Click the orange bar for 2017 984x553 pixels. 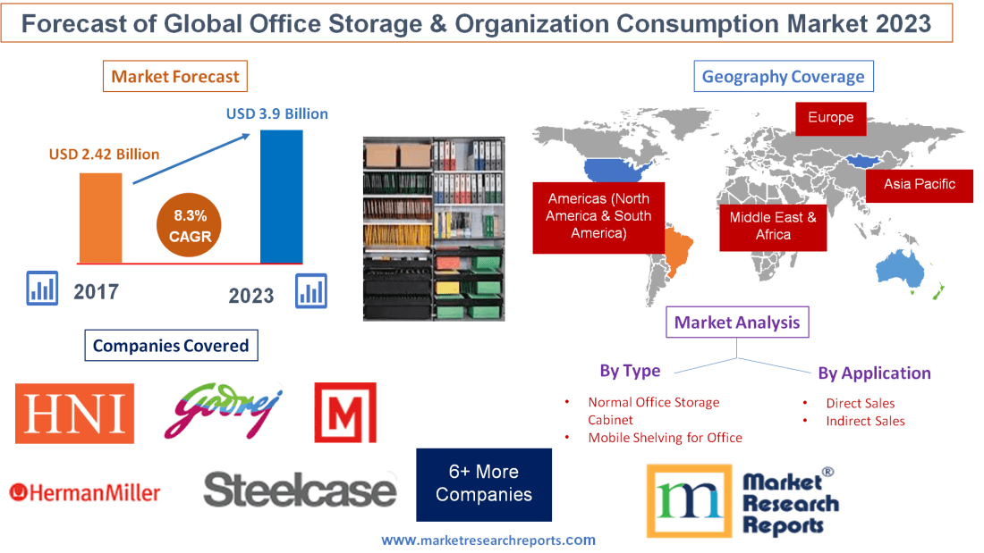tap(100, 218)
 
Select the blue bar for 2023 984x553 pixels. tap(281, 197)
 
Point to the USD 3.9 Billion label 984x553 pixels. tap(276, 113)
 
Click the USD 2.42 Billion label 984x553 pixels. tap(104, 155)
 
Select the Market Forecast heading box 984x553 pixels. tap(174, 77)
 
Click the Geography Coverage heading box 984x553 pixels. tap(783, 77)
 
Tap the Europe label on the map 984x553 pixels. tap(830, 118)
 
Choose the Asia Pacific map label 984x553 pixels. tap(919, 185)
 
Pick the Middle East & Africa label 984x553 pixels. tap(773, 226)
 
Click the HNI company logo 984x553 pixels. tap(74, 414)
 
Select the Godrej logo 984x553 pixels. tap(229, 412)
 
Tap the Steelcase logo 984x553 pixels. tap(300, 490)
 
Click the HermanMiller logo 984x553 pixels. tap(85, 492)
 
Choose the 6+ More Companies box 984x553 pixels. tap(484, 484)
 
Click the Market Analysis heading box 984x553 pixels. tap(737, 323)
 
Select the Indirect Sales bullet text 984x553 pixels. tap(865, 421)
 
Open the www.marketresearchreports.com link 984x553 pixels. tap(488, 540)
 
